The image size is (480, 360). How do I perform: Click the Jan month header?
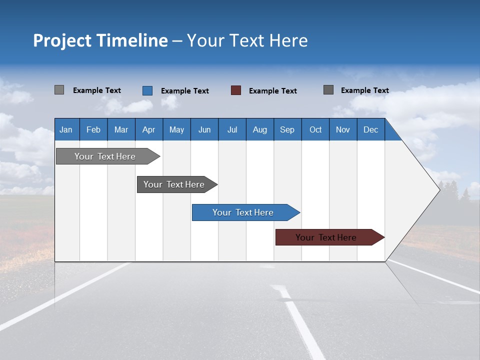click(x=66, y=129)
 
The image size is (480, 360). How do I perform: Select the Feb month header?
click(x=93, y=129)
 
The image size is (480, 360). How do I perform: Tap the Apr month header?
click(x=148, y=129)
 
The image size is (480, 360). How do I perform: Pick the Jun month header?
click(x=204, y=129)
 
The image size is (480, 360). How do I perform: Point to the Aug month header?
click(x=259, y=129)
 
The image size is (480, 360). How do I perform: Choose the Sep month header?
click(x=287, y=129)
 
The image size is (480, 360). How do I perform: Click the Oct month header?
click(x=315, y=129)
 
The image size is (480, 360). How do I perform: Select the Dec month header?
click(x=370, y=129)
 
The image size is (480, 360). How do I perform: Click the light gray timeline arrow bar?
click(x=105, y=156)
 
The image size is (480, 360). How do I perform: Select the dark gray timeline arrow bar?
click(x=174, y=184)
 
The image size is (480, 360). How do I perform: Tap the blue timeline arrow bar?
click(x=243, y=212)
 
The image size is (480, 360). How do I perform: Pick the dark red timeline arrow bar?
click(x=326, y=237)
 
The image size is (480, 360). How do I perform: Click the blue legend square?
click(x=147, y=90)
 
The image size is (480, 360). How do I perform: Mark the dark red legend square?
click(x=236, y=90)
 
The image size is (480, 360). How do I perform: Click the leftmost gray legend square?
click(x=59, y=90)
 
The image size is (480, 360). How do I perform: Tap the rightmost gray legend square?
click(x=328, y=90)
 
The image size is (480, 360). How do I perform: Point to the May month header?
click(x=176, y=129)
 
